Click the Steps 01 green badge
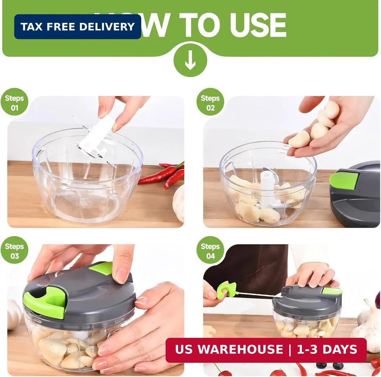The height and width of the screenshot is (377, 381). (14, 102)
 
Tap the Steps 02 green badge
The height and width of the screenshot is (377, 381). (210, 102)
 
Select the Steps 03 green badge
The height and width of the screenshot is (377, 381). (14, 250)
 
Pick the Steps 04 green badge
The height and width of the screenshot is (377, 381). (210, 250)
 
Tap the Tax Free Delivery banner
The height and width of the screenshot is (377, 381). (78, 27)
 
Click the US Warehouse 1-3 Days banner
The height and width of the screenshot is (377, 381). (266, 350)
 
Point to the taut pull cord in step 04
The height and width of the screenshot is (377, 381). (259, 295)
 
